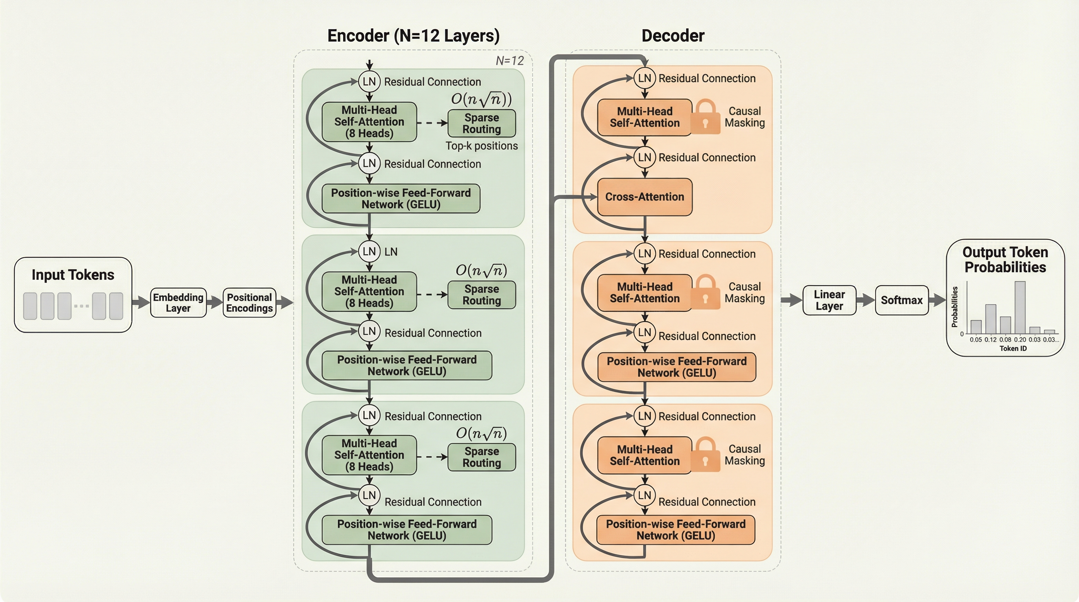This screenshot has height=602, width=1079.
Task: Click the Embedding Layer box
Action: click(x=178, y=303)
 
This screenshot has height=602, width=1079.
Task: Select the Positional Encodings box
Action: click(x=249, y=303)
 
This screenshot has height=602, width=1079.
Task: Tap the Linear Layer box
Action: click(x=829, y=300)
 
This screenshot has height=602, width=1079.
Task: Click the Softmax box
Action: click(x=901, y=300)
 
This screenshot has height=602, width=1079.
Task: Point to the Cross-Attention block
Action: click(x=644, y=197)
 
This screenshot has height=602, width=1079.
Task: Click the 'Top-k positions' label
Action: click(x=481, y=146)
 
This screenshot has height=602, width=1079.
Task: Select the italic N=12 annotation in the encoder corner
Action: click(x=509, y=61)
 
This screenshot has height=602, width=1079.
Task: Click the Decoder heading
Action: click(x=673, y=36)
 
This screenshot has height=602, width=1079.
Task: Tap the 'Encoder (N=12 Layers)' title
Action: click(x=413, y=36)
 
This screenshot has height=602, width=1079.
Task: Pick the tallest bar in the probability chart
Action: click(x=1019, y=307)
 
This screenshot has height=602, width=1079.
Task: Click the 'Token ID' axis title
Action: click(x=1013, y=348)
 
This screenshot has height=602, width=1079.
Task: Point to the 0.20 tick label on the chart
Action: click(x=1019, y=339)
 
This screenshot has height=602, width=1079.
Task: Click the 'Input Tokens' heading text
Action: click(x=73, y=275)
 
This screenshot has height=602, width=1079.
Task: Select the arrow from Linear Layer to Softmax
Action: click(x=865, y=300)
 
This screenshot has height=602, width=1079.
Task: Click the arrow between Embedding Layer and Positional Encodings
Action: click(x=214, y=302)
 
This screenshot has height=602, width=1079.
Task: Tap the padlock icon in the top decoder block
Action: click(x=705, y=117)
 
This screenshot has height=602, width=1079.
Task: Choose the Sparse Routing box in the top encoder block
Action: click(x=481, y=123)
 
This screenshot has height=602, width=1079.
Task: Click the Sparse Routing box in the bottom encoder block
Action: click(x=481, y=457)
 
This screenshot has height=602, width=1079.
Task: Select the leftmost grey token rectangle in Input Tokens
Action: click(x=30, y=306)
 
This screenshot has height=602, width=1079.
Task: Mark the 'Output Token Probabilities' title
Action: click(x=1005, y=259)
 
